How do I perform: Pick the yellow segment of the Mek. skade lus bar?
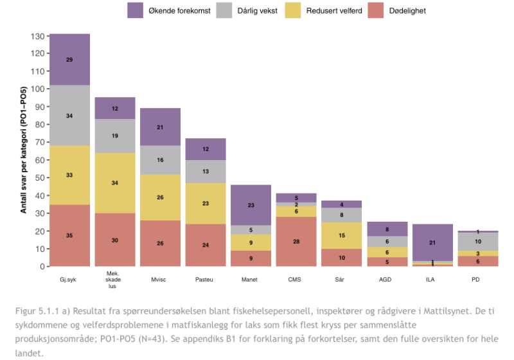click(115, 183)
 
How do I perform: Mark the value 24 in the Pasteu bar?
click(206, 245)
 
